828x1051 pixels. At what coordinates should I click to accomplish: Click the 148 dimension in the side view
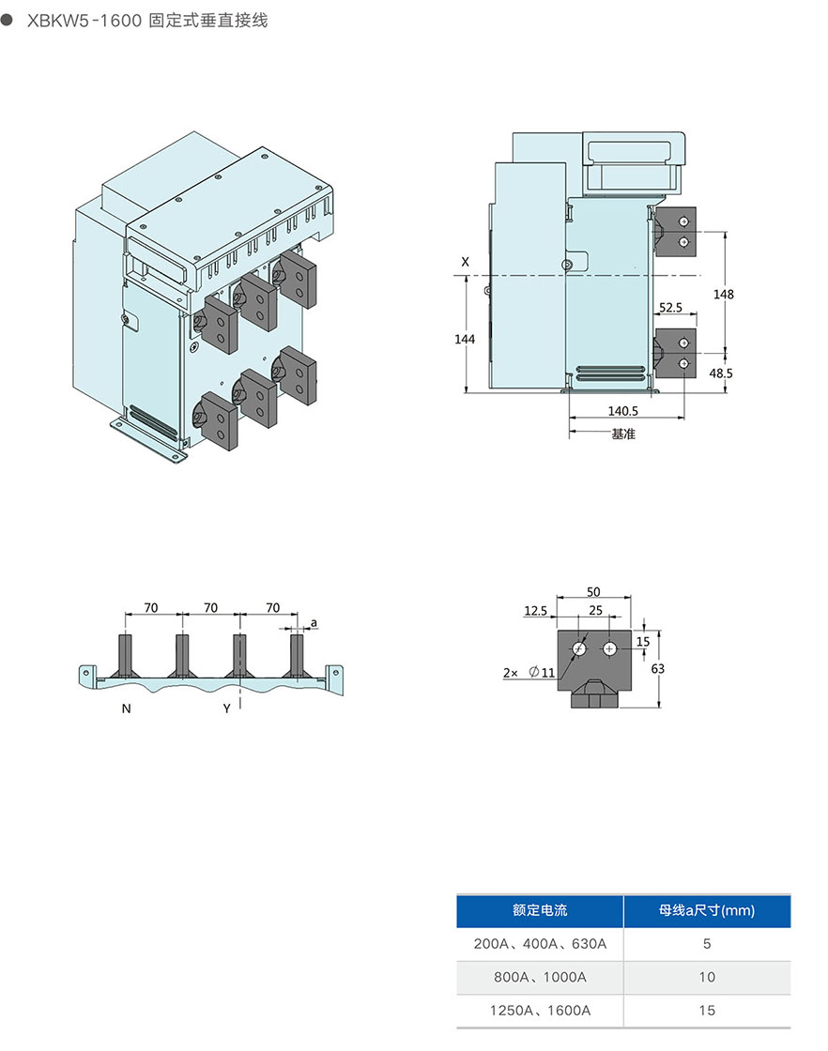(723, 295)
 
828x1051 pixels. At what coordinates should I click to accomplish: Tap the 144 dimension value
(465, 339)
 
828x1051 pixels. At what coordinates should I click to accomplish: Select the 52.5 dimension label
(670, 307)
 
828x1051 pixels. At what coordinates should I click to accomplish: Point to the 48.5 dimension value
(721, 373)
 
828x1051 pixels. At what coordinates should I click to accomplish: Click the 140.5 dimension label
(623, 411)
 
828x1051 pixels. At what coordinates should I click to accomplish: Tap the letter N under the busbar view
(126, 709)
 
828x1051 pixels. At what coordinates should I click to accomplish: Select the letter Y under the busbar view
(226, 709)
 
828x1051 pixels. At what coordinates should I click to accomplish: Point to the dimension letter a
(314, 622)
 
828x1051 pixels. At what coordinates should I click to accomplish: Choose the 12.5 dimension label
(535, 611)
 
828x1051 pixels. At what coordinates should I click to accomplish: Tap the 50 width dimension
(593, 592)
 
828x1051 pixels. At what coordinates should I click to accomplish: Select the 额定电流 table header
(540, 910)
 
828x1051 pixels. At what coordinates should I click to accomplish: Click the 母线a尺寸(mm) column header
(707, 910)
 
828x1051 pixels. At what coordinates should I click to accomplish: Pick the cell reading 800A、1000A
(540, 977)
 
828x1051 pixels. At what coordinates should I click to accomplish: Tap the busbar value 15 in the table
(707, 1010)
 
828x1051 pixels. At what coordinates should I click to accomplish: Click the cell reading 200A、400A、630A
(540, 944)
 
